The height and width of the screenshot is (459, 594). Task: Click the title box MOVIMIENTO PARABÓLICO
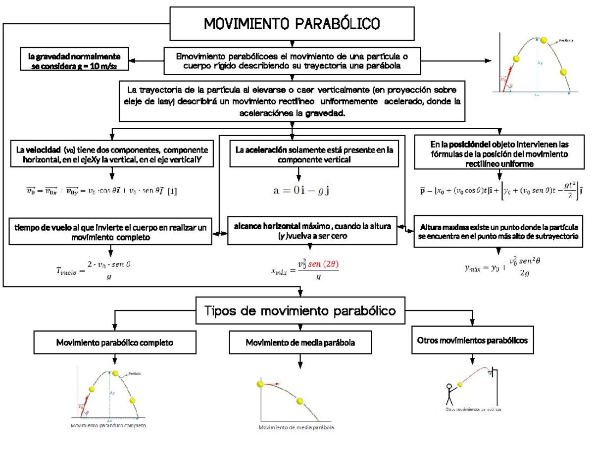pyautogui.click(x=292, y=23)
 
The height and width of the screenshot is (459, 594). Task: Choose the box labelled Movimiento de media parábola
pyautogui.click(x=300, y=343)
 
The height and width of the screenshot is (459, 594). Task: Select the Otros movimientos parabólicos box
pyautogui.click(x=472, y=341)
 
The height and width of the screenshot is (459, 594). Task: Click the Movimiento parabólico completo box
pyautogui.click(x=114, y=342)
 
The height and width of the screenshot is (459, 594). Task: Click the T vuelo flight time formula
pyautogui.click(x=93, y=270)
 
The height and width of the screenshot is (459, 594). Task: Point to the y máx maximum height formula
pyautogui.click(x=501, y=268)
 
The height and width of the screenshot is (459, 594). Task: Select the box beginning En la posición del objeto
pyautogui.click(x=500, y=154)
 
